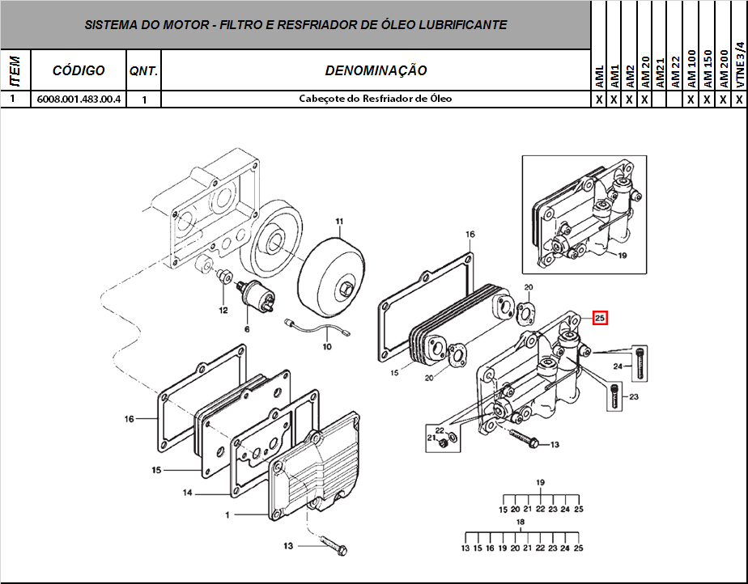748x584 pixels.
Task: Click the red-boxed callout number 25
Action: tap(600, 318)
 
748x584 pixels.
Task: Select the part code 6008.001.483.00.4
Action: tap(79, 99)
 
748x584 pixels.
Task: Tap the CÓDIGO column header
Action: tap(79, 70)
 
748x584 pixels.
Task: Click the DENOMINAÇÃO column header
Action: tap(376, 70)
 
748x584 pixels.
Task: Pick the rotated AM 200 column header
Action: tap(724, 69)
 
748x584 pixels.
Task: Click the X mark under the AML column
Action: tap(599, 99)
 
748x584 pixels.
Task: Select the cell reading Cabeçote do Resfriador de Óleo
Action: tap(376, 99)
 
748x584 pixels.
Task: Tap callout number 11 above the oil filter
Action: tap(340, 221)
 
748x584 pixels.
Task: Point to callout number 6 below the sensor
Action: tap(247, 330)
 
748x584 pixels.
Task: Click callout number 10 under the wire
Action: tap(327, 347)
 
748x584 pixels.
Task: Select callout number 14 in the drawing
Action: tap(186, 492)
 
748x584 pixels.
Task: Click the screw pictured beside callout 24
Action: tap(641, 362)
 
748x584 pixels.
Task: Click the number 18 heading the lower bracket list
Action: tap(521, 523)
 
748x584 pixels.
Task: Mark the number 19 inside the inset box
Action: tap(623, 256)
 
